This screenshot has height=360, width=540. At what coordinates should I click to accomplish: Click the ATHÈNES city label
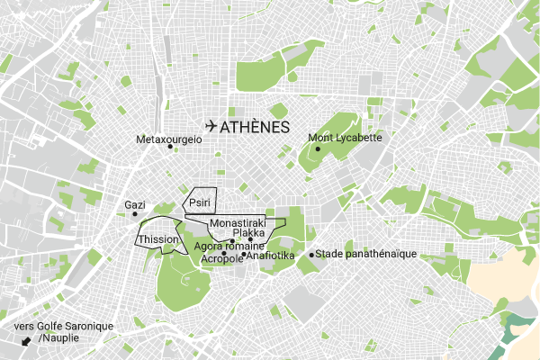click(255, 127)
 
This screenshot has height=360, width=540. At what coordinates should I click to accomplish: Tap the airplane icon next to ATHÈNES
click(211, 126)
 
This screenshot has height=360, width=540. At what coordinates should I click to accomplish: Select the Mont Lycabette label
click(346, 138)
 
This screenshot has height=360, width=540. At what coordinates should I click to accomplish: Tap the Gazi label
click(134, 205)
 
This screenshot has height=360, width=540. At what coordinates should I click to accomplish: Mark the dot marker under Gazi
click(135, 214)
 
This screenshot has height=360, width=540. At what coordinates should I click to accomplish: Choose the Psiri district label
click(199, 204)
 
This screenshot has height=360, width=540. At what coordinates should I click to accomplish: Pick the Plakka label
click(248, 232)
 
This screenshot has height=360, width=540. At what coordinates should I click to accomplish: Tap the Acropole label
click(221, 258)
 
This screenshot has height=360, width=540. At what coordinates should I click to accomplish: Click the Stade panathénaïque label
click(366, 254)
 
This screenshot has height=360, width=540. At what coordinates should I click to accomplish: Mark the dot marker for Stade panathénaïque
click(311, 255)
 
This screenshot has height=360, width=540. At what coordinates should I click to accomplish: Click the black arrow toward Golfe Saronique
click(26, 341)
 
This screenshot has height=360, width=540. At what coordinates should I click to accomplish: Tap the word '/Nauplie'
click(58, 337)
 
